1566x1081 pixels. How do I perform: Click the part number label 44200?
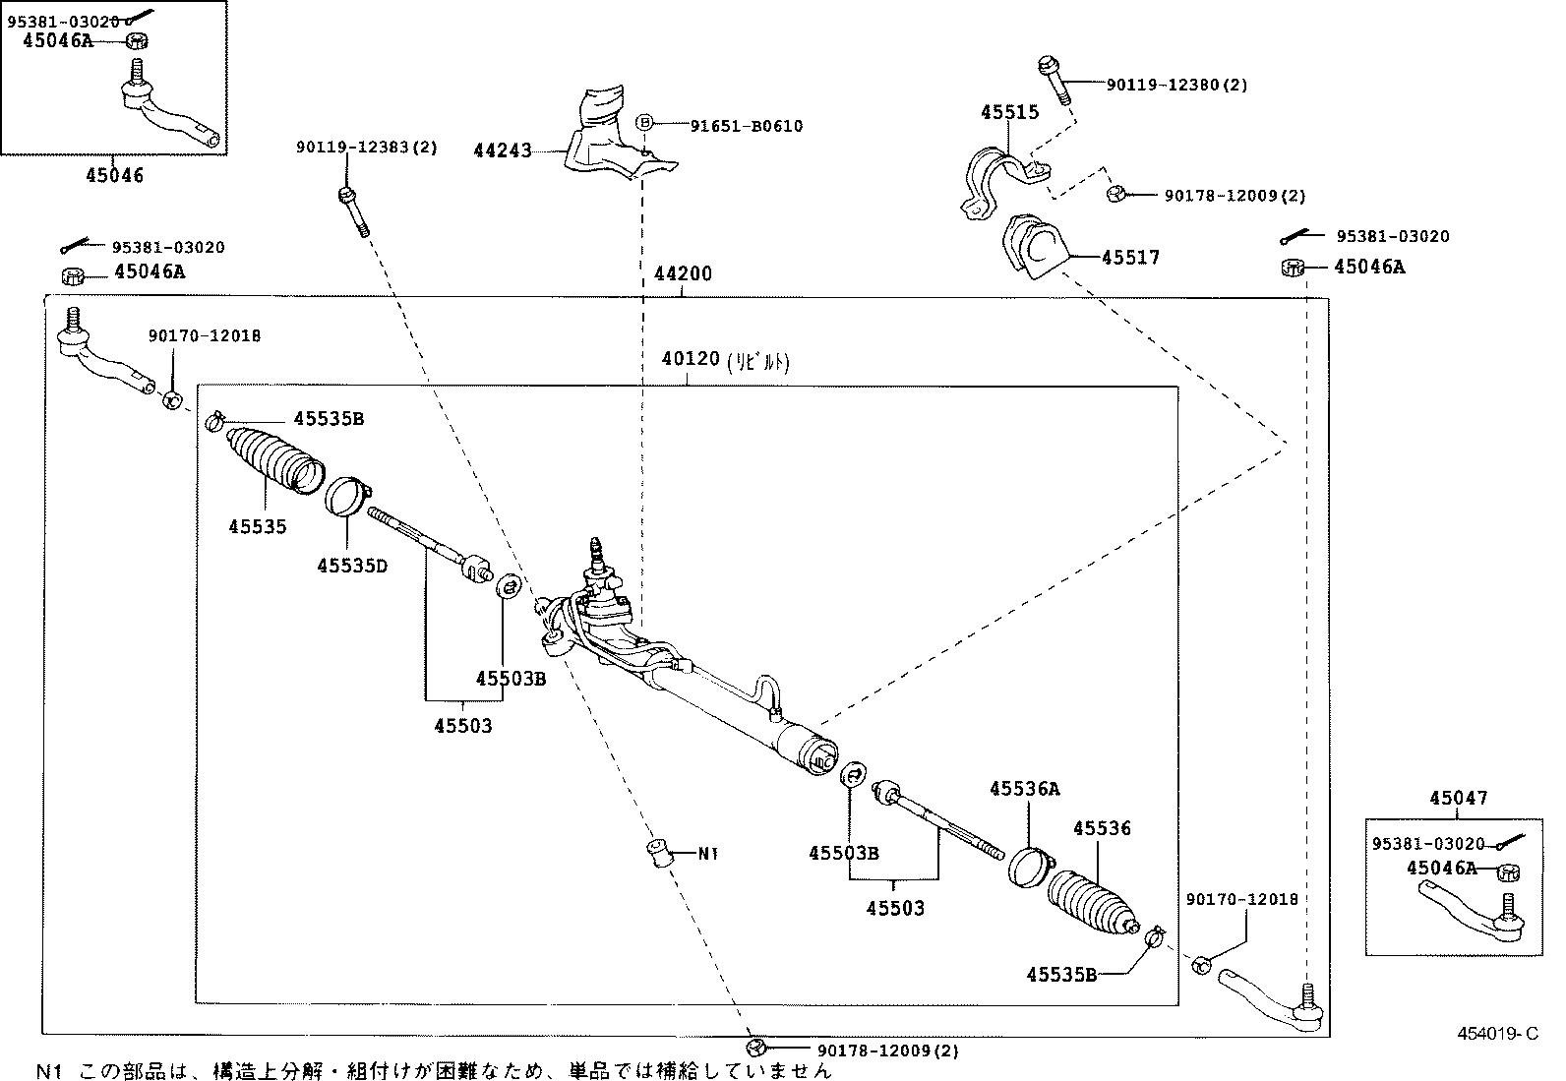point(683,273)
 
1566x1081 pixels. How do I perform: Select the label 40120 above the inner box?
point(692,360)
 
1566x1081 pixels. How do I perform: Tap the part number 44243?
point(503,150)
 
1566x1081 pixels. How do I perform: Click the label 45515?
point(1009,112)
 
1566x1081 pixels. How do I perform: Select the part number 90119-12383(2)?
point(367,148)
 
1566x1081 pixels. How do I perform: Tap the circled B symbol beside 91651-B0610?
point(644,123)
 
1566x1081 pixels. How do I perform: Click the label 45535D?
point(351,566)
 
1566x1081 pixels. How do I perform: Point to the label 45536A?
point(1025,789)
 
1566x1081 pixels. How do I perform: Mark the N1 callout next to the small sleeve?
point(708,853)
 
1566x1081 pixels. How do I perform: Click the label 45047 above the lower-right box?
point(1458,799)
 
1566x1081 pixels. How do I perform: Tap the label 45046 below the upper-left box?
point(114,176)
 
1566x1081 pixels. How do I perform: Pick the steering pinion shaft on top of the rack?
point(596,557)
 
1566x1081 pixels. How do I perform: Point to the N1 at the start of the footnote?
point(49,1070)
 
